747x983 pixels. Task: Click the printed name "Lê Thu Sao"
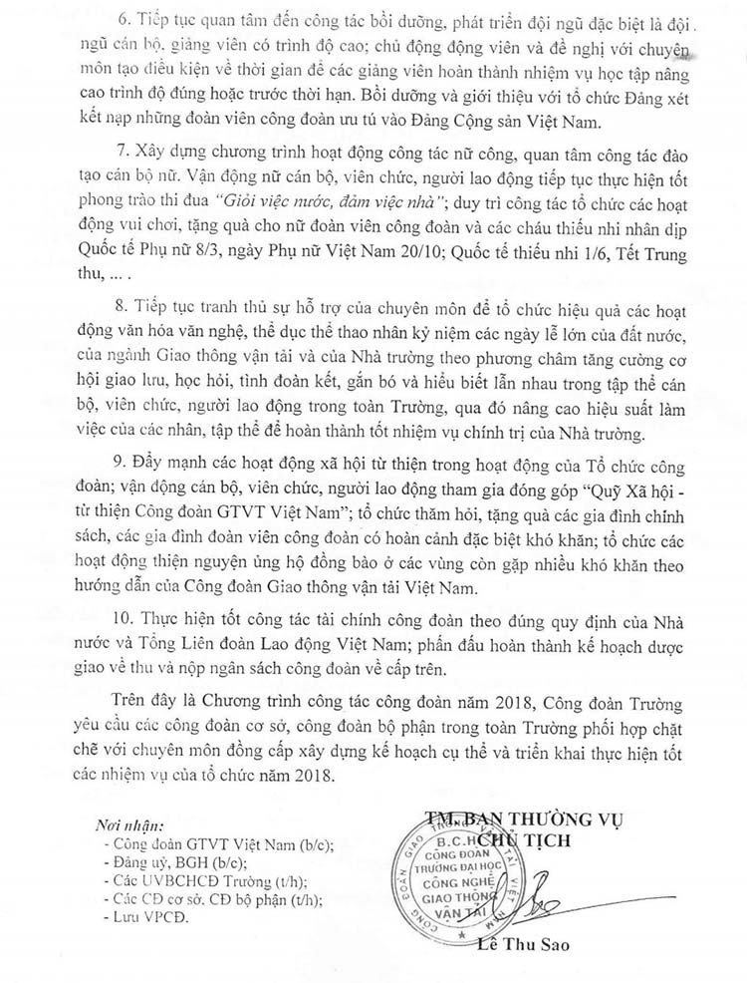pos(520,944)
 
